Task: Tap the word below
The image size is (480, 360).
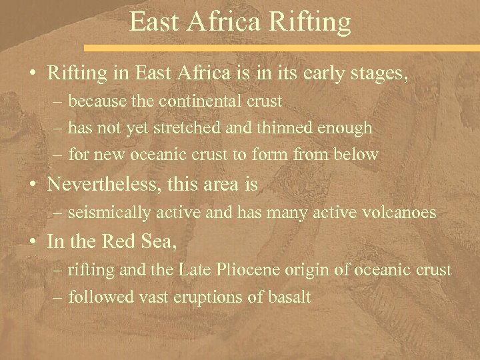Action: click(359, 154)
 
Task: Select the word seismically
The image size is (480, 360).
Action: click(107, 214)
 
